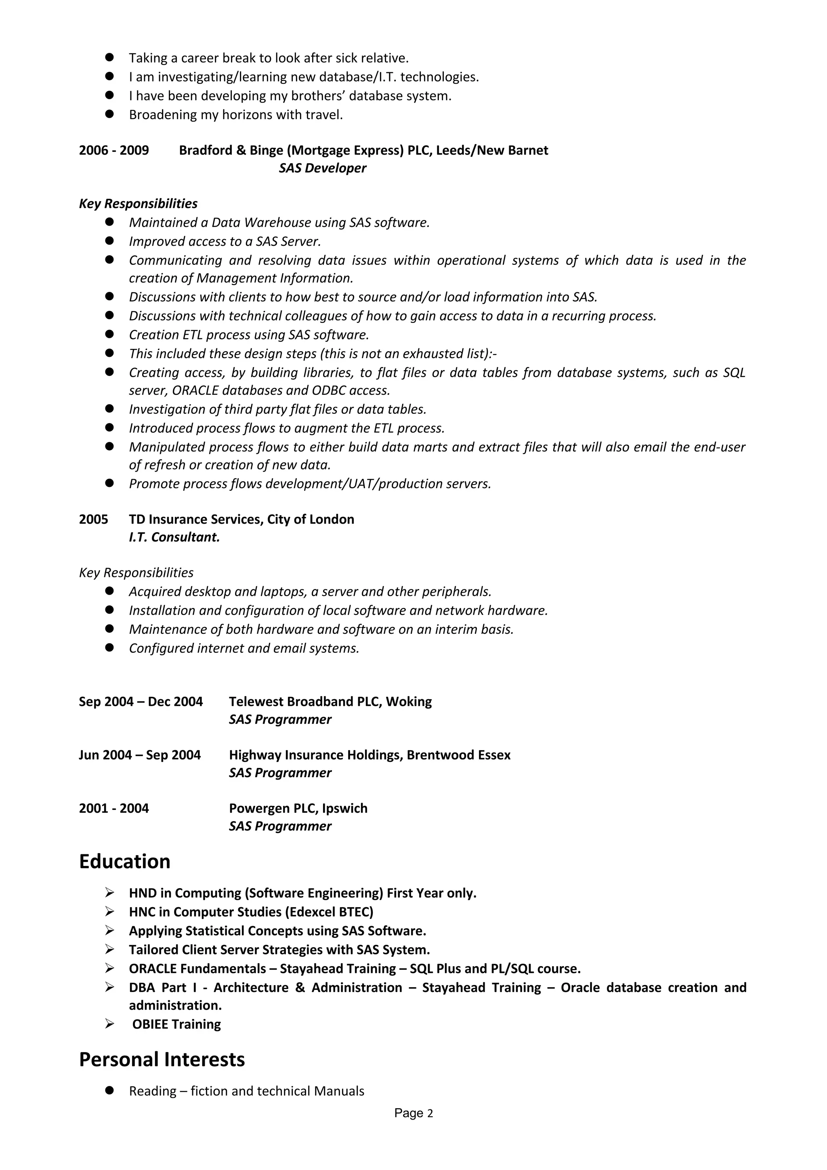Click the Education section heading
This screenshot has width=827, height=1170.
click(x=124, y=862)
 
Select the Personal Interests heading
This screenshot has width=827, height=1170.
click(x=162, y=1059)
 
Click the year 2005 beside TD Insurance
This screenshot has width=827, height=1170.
click(x=93, y=519)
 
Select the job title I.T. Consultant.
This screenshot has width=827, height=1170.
click(x=174, y=537)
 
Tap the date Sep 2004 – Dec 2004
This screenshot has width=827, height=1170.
click(x=141, y=702)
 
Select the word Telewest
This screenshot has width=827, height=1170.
click(x=256, y=702)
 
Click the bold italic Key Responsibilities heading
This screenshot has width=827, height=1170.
click(x=138, y=204)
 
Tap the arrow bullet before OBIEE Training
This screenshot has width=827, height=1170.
click(x=109, y=1024)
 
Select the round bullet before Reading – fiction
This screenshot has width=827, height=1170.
click(x=109, y=1090)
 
